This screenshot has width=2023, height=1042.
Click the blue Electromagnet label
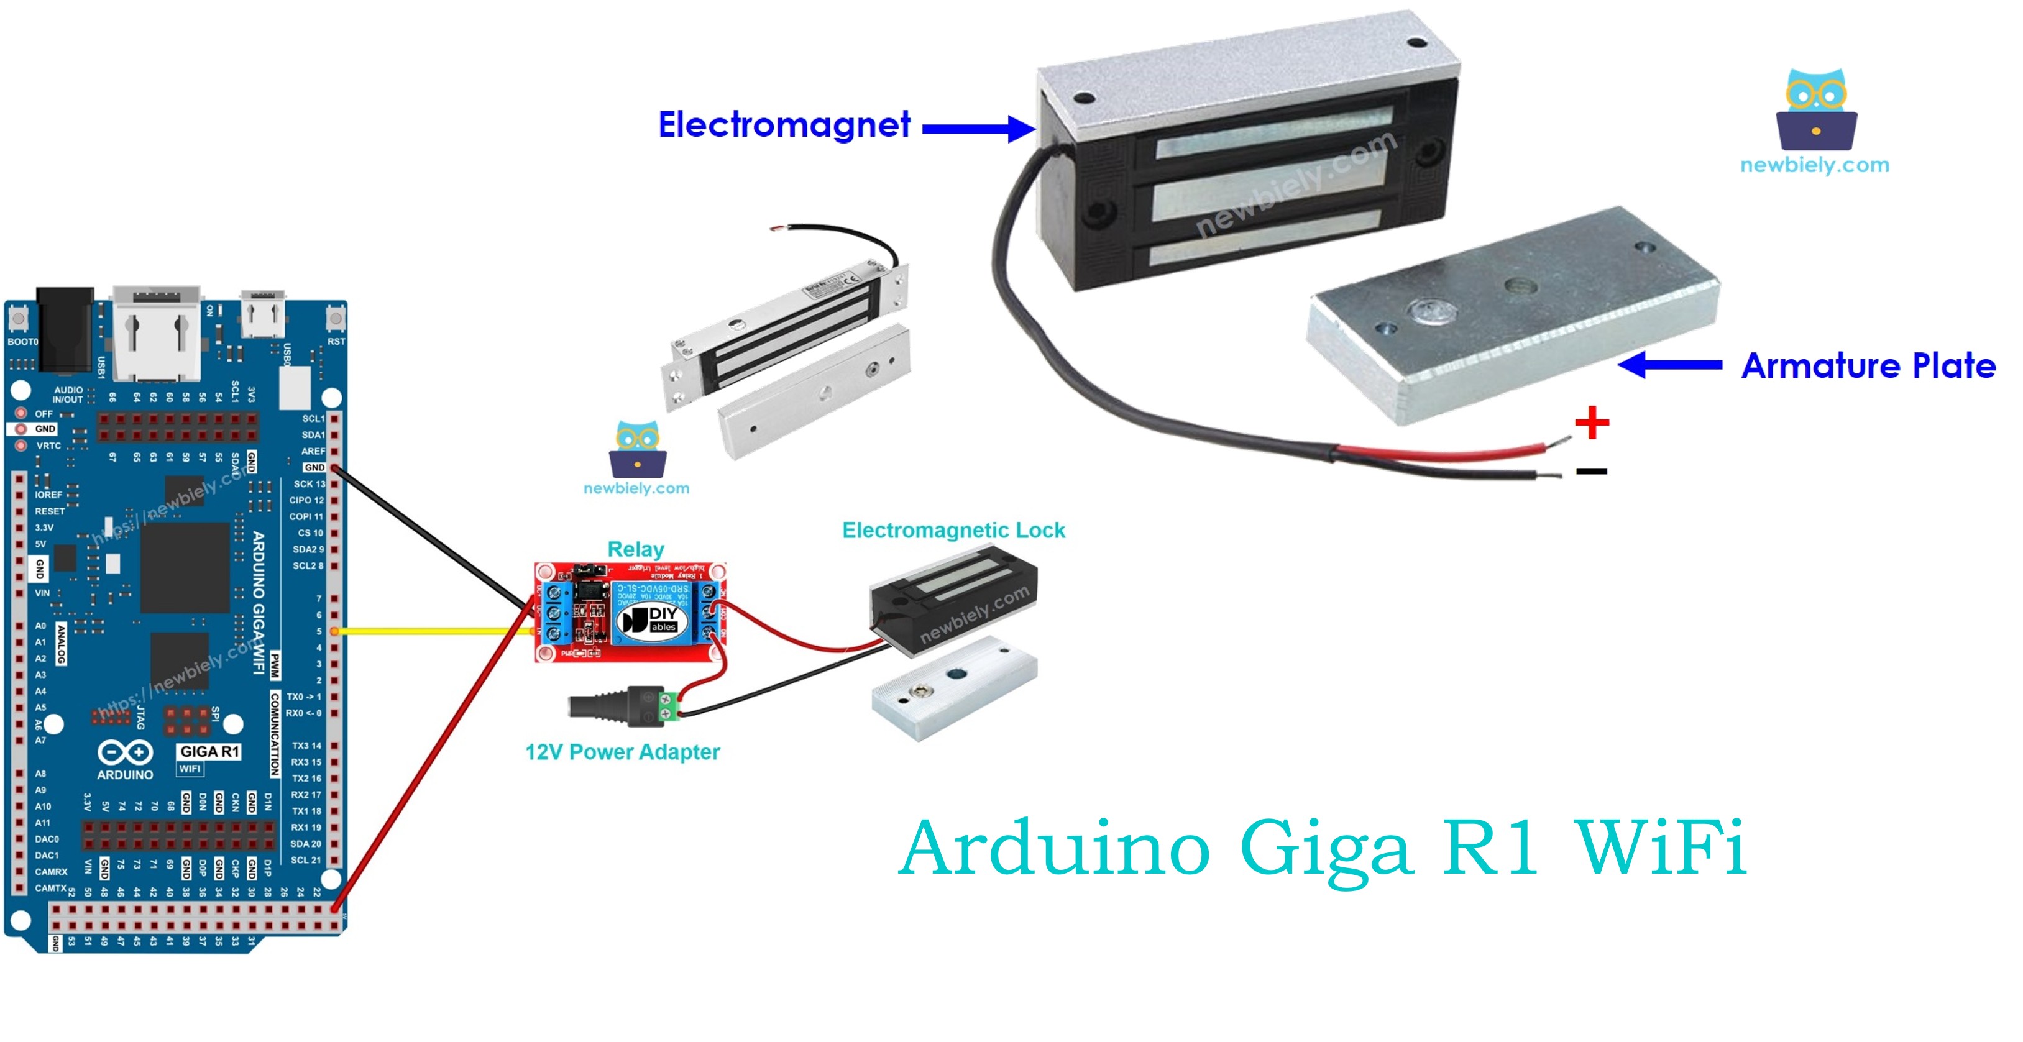point(784,126)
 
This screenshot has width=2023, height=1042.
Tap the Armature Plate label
point(1868,367)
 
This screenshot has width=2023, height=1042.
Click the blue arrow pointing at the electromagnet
point(978,128)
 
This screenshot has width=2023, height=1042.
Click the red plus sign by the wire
point(1592,423)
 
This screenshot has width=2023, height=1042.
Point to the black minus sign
point(1591,471)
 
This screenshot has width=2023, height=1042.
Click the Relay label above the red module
point(635,549)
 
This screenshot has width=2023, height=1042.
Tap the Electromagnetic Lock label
point(953,531)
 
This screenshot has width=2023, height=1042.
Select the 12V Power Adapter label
point(622,752)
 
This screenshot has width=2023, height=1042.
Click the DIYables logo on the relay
point(651,620)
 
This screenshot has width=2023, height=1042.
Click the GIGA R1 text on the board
point(209,751)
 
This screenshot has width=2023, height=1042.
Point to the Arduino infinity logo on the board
point(125,752)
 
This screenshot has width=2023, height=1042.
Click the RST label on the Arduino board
point(336,342)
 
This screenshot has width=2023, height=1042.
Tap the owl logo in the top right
point(1815,110)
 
